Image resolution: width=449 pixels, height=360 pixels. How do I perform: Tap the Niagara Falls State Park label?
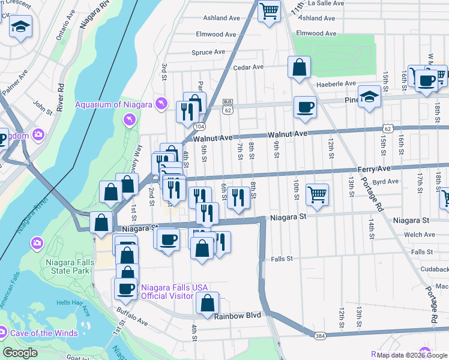coord(68,266)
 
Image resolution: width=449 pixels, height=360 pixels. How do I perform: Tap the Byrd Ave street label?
coord(385,181)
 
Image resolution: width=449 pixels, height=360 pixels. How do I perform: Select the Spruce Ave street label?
coord(207,53)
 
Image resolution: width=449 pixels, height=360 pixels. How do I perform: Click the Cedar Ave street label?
coord(249,68)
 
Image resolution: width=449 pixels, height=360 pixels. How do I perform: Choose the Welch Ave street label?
coord(419,235)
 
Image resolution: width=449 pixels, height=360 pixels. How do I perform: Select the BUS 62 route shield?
coord(227,106)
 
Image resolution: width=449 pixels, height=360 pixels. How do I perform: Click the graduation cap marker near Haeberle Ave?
coord(369,96)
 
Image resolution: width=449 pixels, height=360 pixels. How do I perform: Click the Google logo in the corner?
coord(20,353)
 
